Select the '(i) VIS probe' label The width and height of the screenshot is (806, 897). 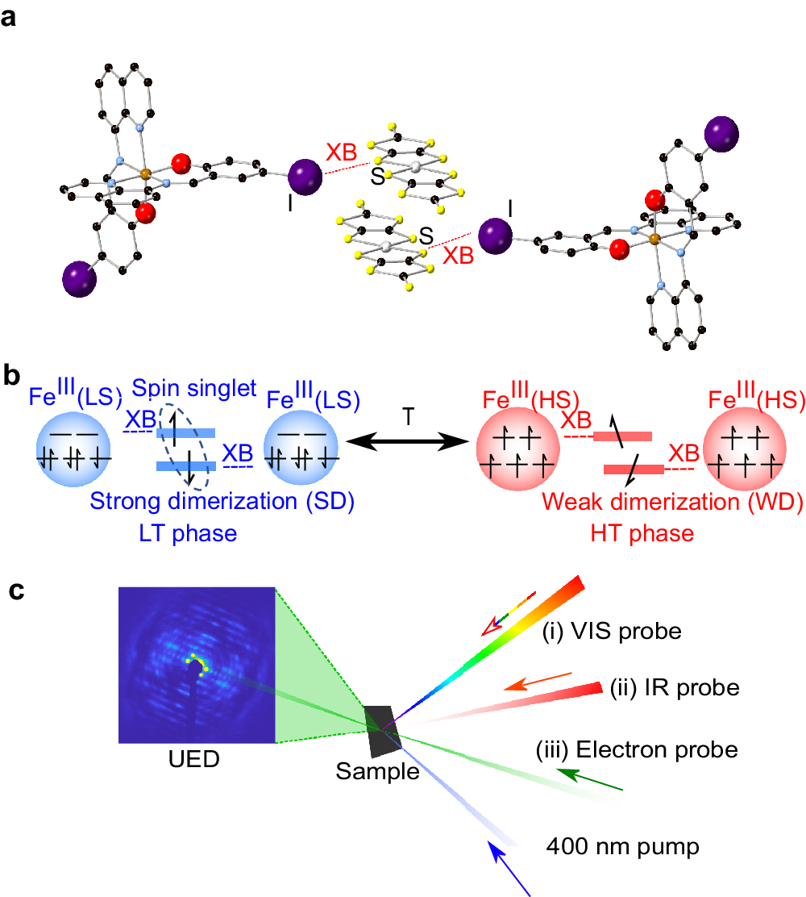tap(612, 631)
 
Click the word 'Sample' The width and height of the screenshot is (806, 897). tap(378, 770)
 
